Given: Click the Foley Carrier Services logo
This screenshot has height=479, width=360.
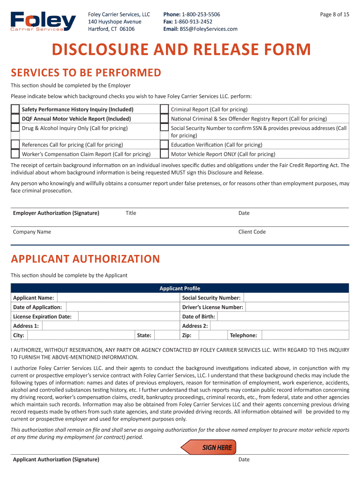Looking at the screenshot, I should click(x=43, y=22).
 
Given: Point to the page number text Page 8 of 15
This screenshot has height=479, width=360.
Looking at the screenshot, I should click(x=334, y=15).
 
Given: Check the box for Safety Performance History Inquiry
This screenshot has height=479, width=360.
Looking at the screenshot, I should click(x=16, y=109).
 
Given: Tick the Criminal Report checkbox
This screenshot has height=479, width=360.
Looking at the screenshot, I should click(x=164, y=109).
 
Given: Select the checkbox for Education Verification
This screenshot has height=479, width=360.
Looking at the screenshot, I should click(x=164, y=145).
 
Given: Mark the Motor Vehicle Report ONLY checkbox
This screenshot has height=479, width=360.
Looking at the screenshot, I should click(x=164, y=154).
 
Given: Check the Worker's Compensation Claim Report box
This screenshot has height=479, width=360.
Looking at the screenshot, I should click(x=16, y=154).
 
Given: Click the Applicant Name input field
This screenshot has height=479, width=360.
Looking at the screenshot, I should click(x=117, y=298).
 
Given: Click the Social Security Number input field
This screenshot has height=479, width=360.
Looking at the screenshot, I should click(x=296, y=298).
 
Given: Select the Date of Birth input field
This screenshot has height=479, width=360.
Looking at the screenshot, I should click(x=283, y=317).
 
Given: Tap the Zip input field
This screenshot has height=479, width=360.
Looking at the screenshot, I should click(x=213, y=335).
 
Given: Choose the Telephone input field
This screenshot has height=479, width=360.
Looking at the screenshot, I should click(x=304, y=335).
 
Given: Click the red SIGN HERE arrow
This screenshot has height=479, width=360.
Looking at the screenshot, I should click(x=209, y=447).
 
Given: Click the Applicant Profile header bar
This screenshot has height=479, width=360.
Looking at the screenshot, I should click(x=180, y=288).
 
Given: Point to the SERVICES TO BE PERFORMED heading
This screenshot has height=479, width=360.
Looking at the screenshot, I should click(x=86, y=73).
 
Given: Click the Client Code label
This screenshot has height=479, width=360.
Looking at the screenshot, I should click(x=252, y=232).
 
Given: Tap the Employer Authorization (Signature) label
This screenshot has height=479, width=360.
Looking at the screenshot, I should click(x=56, y=213).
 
